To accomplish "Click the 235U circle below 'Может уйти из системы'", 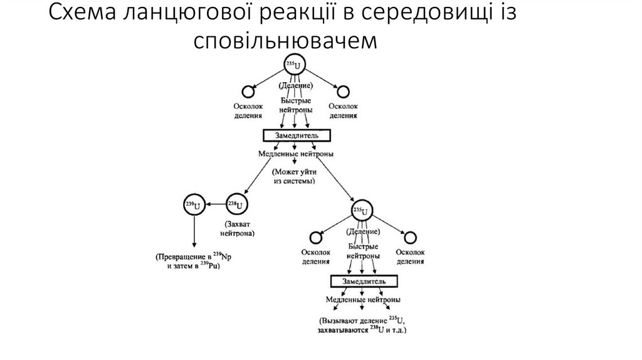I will pos(360,210).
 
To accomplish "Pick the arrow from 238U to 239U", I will pos(216,204).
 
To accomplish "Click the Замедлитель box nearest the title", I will pos(295,135).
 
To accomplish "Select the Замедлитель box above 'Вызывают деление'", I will pos(364,281).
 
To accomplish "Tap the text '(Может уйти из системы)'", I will pos(293,176).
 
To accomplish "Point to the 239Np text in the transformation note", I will pos(221,257).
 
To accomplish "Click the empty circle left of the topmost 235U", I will pos(248,92).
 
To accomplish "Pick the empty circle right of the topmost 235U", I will pos(343,92).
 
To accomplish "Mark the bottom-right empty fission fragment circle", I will pos(410,237).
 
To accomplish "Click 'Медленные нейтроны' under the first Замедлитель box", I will pos(295,154).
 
